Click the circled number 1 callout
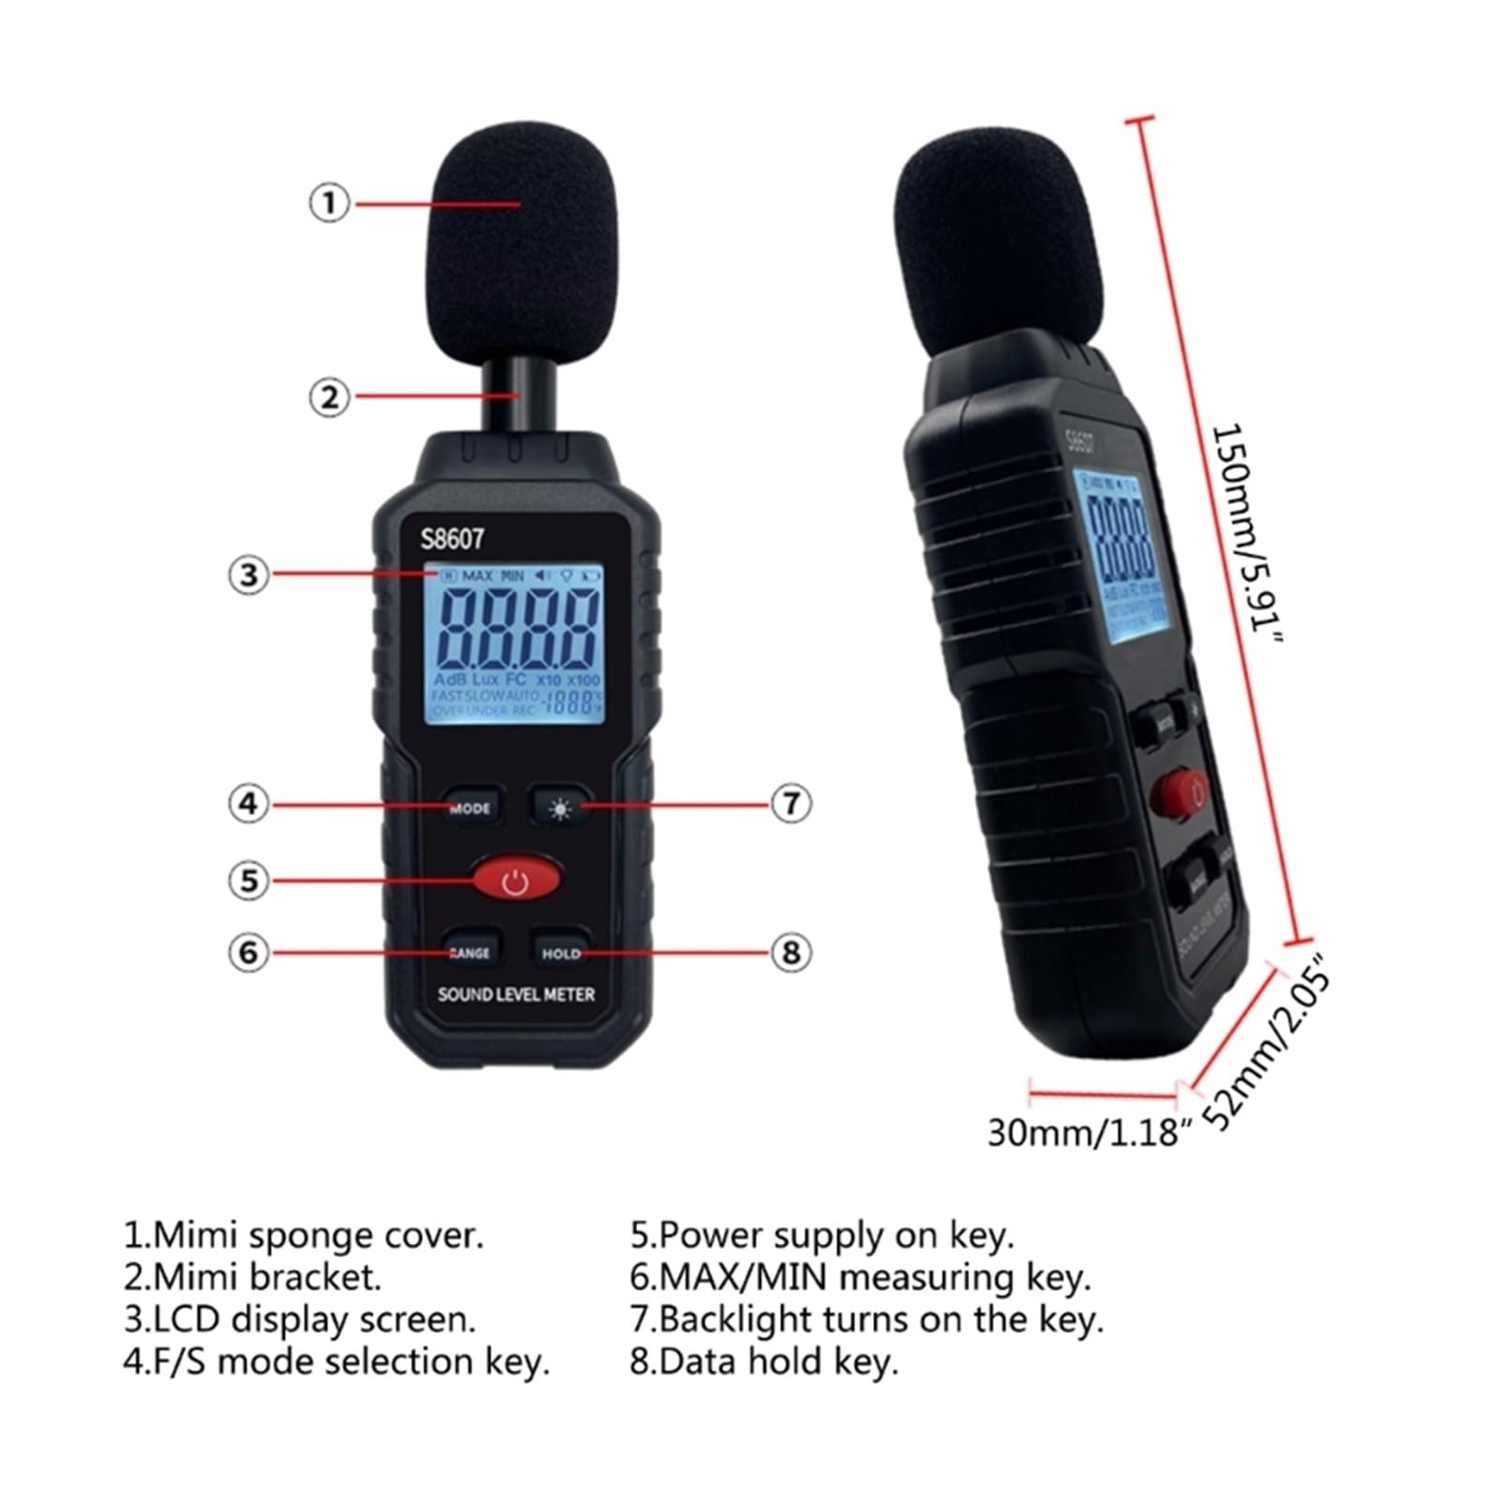click(329, 202)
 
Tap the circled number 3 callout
click(248, 574)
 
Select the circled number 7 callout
click(791, 803)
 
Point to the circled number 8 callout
click(791, 952)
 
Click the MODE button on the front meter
click(471, 807)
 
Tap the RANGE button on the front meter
click(471, 952)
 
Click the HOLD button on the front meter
click(561, 952)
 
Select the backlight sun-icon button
click(560, 807)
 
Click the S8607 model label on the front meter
click(453, 539)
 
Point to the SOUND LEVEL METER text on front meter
click(516, 994)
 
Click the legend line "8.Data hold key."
click(764, 1361)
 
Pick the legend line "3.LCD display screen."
click(300, 1319)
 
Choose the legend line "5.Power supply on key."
click(822, 1235)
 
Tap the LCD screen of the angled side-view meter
click(1120, 557)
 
